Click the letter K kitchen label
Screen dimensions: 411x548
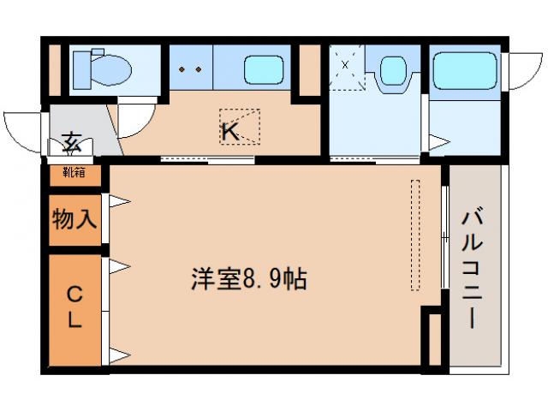coord(229,132)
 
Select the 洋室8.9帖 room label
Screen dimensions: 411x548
coord(249,278)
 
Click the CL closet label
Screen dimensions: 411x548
coord(74,309)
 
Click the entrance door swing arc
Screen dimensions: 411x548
coord(19,128)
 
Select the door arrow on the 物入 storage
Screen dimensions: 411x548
coord(118,204)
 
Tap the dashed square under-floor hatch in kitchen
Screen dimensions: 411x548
coord(239,123)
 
